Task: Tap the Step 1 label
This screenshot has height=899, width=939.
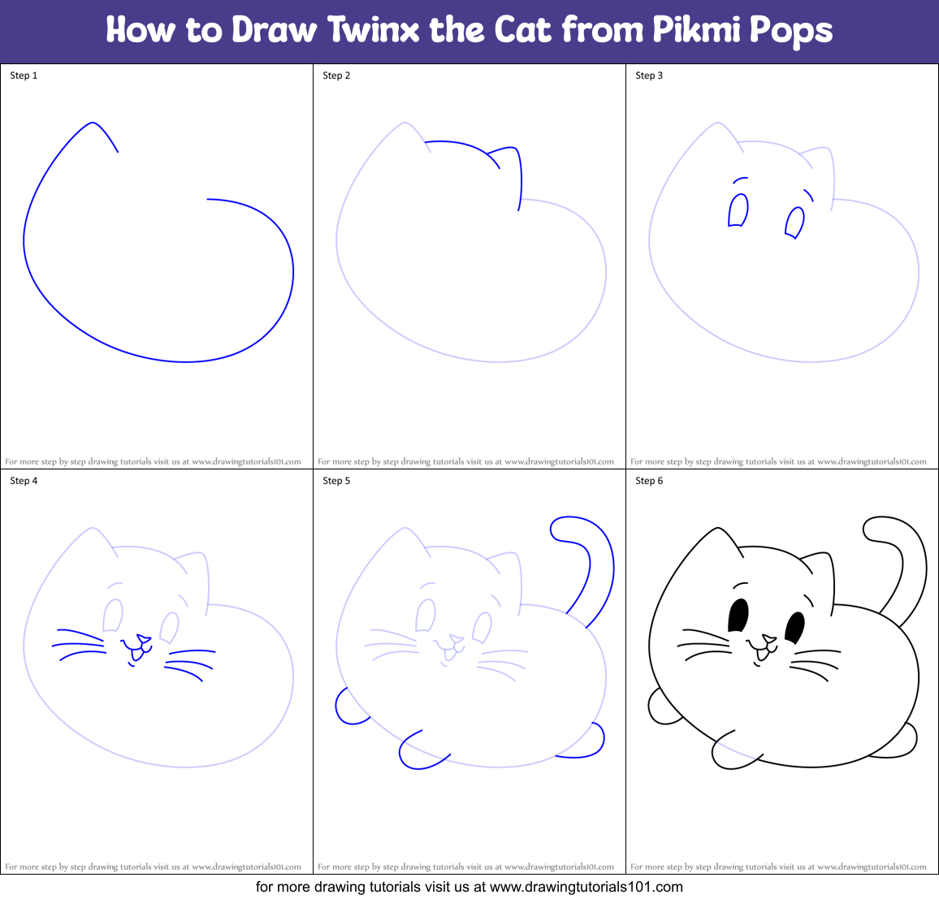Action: [24, 76]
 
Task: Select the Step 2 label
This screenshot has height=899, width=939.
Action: [336, 76]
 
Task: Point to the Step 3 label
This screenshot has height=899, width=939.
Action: [649, 76]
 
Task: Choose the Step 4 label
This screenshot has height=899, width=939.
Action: [24, 481]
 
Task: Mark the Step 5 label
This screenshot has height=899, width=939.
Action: [336, 481]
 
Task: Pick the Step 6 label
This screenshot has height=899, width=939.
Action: [649, 481]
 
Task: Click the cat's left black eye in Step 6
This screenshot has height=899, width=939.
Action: [738, 616]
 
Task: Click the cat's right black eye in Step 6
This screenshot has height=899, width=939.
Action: [794, 627]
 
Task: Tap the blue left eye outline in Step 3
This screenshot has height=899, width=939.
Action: [738, 210]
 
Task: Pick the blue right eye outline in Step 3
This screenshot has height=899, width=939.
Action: [794, 223]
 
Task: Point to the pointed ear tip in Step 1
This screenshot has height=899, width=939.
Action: [93, 123]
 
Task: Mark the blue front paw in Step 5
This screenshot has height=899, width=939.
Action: [416, 752]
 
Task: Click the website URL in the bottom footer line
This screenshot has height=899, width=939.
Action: [586, 887]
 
